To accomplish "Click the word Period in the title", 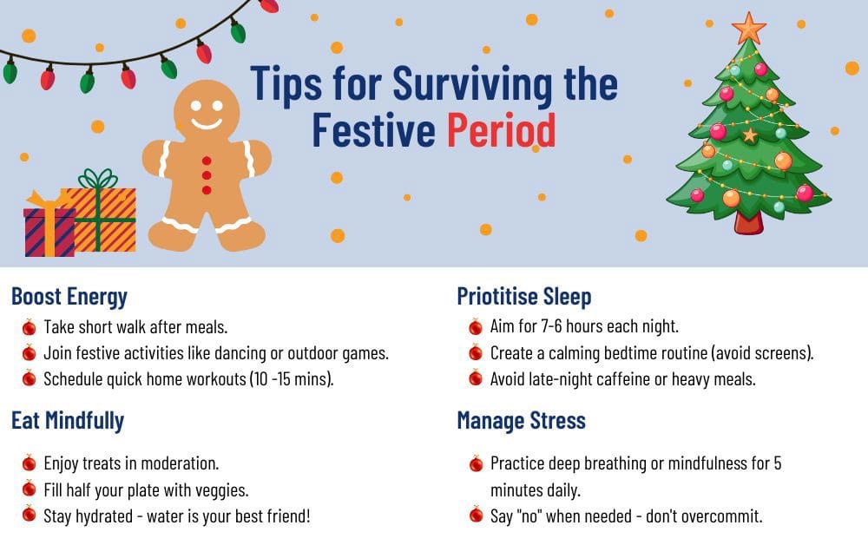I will click(x=502, y=131).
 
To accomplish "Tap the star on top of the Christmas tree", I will click(x=748, y=28).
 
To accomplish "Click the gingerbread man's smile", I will click(x=207, y=122).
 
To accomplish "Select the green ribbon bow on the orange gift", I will click(x=97, y=180).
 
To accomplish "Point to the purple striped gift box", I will click(x=49, y=230).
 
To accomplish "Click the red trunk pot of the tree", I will click(x=747, y=221).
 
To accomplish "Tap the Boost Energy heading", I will click(x=69, y=297).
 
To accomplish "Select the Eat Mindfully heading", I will click(x=68, y=421).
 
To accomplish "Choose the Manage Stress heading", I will click(x=521, y=421).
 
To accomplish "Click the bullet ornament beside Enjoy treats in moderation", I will click(x=29, y=463).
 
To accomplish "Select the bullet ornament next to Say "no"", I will click(x=476, y=515).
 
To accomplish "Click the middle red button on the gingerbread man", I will click(x=207, y=175).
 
